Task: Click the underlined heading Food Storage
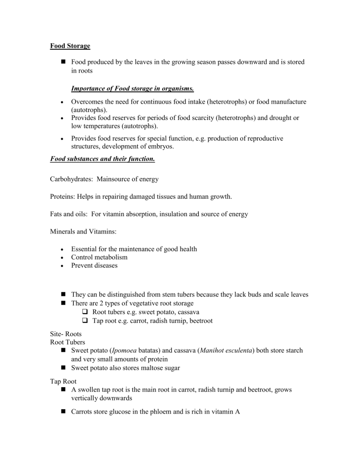[70, 46]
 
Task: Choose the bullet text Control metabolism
[99, 257]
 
